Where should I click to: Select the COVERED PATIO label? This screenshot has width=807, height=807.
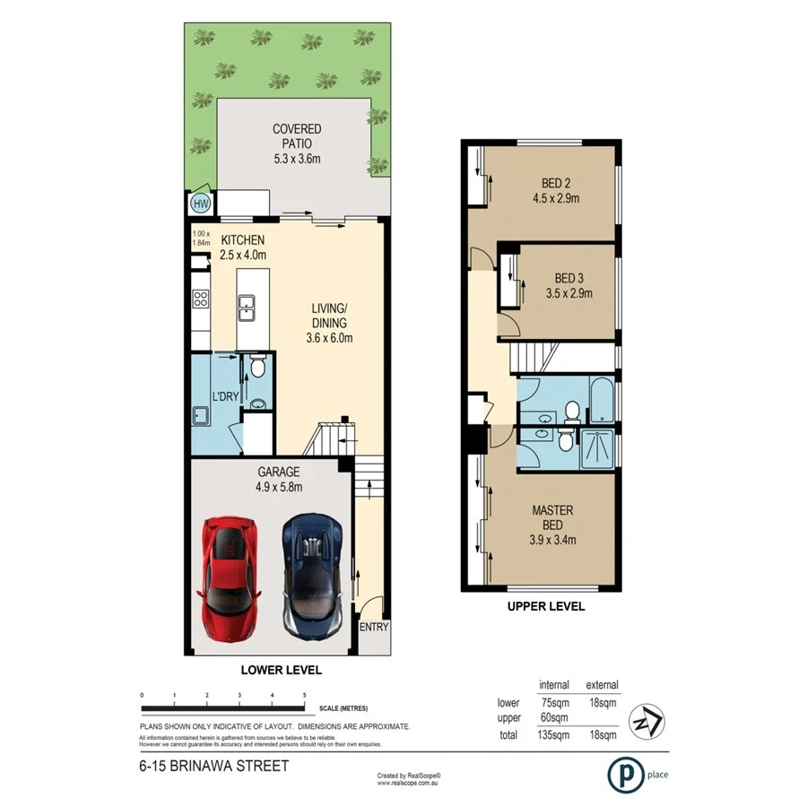297,129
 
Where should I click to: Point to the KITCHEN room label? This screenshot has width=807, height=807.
242,240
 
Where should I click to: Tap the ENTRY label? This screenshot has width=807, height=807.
374,627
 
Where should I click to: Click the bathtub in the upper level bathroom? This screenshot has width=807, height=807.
602,401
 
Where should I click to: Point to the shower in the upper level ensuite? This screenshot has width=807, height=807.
599,448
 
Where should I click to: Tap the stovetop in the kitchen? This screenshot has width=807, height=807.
200,300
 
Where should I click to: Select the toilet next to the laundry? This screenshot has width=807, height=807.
258,366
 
